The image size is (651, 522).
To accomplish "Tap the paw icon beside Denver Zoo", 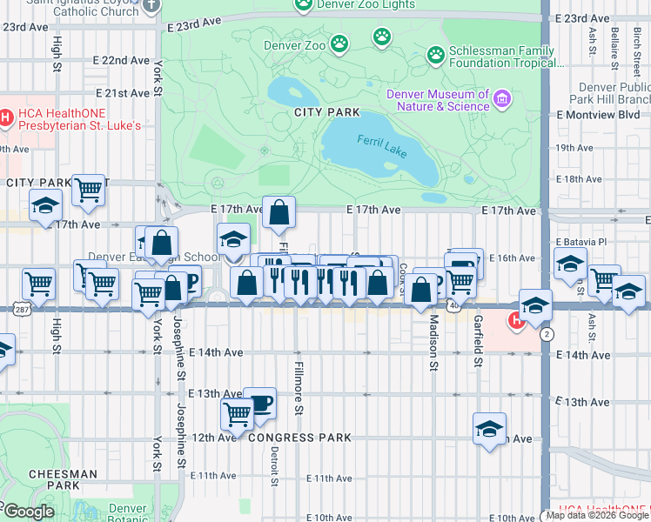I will (x=339, y=43).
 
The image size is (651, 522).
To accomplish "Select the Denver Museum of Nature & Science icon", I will (x=501, y=99).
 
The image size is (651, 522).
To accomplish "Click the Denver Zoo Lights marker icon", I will (x=303, y=5).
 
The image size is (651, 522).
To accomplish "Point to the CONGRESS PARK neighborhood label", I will (x=299, y=438).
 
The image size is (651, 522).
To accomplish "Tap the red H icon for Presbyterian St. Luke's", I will (x=6, y=117).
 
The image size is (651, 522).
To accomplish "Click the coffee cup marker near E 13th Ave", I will (x=259, y=402).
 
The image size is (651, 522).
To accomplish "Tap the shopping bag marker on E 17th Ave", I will (x=279, y=211).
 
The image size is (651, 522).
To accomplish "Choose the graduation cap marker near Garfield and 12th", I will (x=489, y=428).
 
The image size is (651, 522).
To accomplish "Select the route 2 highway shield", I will (x=546, y=334).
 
